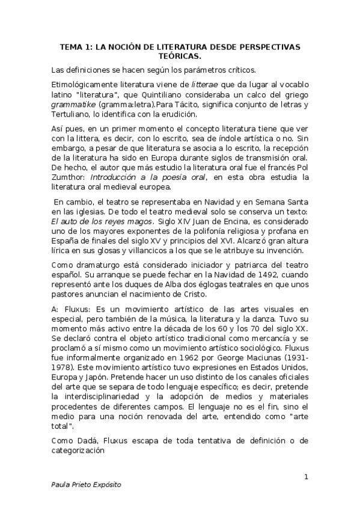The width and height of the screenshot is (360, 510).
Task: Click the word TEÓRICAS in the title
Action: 180,57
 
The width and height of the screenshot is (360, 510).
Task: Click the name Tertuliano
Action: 72,114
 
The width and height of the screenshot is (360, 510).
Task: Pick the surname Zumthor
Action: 70,178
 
